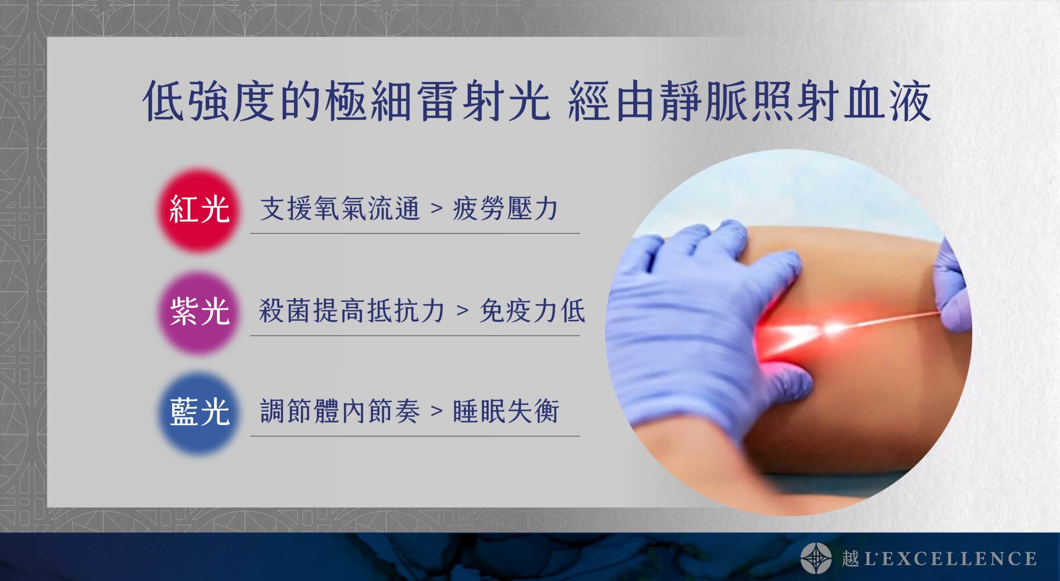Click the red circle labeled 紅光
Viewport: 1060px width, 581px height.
click(x=200, y=210)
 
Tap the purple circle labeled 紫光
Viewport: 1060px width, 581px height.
click(x=200, y=312)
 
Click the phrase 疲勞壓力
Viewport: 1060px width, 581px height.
click(x=505, y=209)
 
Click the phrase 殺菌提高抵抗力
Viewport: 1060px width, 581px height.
click(x=352, y=311)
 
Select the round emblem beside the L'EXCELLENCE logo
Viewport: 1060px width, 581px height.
click(x=816, y=558)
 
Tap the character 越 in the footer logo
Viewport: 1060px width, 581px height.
click(x=849, y=558)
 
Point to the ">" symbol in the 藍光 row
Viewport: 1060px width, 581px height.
click(x=436, y=411)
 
